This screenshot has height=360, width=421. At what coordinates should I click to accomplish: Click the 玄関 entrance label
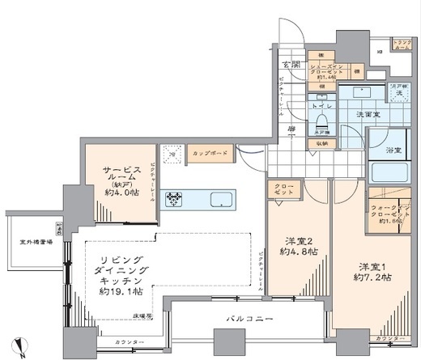(291, 65)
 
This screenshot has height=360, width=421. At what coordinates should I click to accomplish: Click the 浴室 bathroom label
(394, 150)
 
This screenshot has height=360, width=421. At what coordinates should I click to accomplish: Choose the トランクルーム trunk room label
(401, 45)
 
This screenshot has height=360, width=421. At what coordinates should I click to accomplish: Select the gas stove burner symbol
(176, 199)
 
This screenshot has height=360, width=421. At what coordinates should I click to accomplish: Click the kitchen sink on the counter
(219, 199)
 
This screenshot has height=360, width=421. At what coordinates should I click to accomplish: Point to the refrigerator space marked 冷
(171, 152)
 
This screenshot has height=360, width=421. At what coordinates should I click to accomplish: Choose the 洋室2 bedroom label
(299, 240)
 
